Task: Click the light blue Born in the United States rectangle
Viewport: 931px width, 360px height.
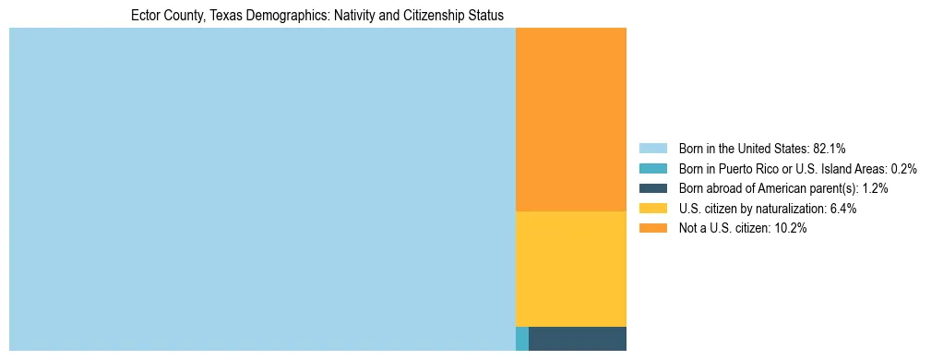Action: coord(262,189)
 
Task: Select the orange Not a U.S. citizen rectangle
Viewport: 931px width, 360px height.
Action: coord(570,119)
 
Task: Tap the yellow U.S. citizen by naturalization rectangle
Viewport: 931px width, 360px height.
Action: coord(570,269)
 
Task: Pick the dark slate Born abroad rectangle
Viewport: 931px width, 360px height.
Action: coord(577,339)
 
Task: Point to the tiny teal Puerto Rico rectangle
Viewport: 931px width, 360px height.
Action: coord(522,339)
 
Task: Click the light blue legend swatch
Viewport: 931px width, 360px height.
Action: coord(652,148)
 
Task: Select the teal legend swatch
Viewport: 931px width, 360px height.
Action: coord(652,168)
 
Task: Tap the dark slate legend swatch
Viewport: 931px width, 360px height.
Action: coord(652,188)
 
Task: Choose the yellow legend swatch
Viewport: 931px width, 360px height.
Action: coord(652,209)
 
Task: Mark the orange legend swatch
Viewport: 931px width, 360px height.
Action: coord(652,229)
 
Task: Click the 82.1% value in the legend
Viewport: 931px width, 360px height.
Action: coord(829,148)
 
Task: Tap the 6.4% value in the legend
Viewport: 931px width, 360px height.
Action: coord(842,209)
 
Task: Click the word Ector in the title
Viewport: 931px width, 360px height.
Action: coord(146,16)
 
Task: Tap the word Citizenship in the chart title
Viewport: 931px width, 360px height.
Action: coord(432,16)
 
